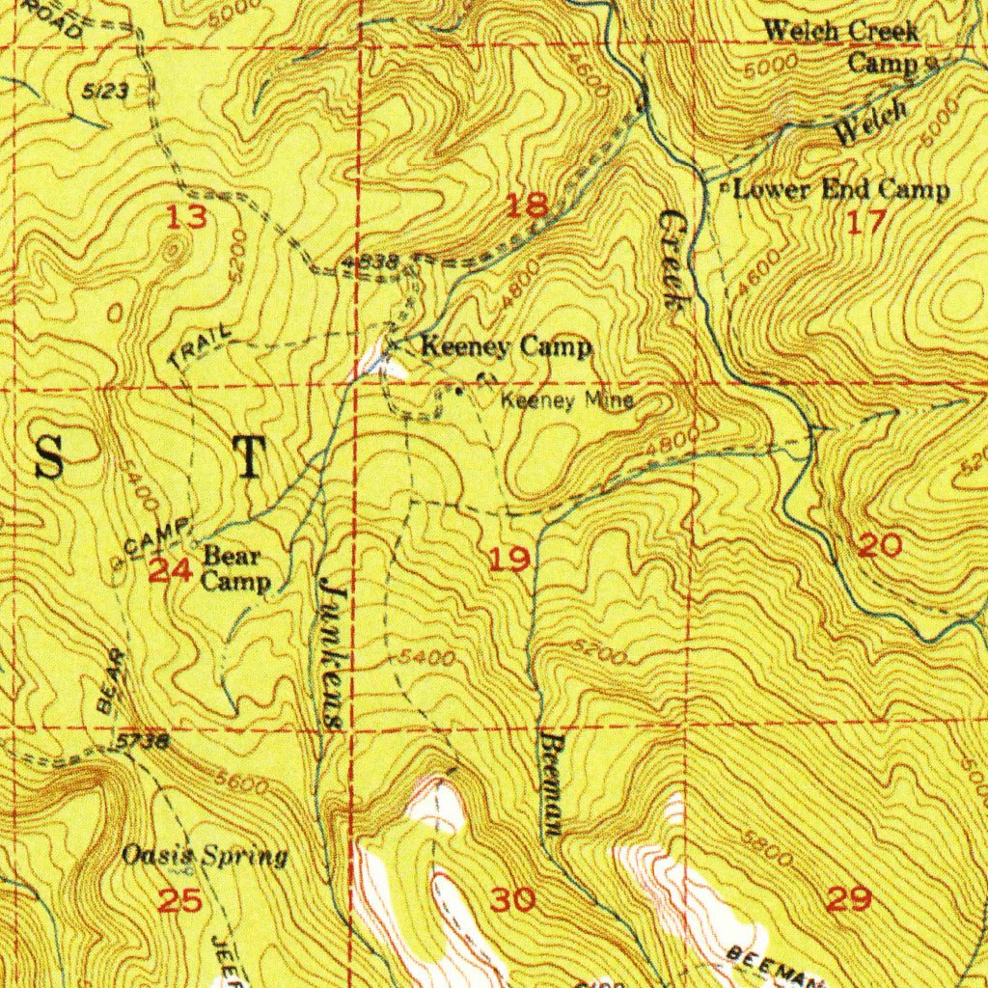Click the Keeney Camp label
click(506, 347)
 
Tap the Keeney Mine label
click(567, 400)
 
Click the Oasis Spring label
click(205, 856)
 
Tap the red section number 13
click(185, 219)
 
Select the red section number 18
click(529, 205)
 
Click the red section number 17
click(865, 223)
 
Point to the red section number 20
click(880, 546)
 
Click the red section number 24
click(171, 571)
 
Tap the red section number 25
click(180, 901)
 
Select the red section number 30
click(512, 901)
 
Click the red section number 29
click(850, 899)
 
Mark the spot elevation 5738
click(145, 742)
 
